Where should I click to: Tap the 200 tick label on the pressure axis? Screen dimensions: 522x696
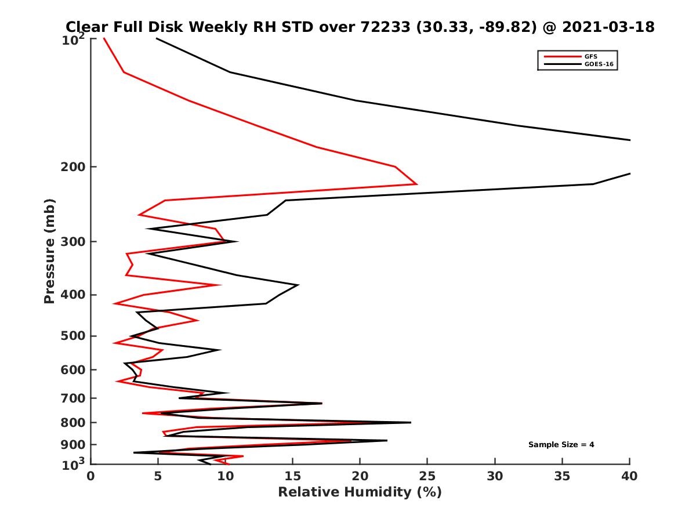pyautogui.click(x=72, y=167)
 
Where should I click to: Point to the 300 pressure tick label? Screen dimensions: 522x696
pyautogui.click(x=72, y=242)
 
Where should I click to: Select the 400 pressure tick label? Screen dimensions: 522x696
pyautogui.click(x=72, y=295)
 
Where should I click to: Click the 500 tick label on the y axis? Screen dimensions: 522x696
pyautogui.click(x=72, y=336)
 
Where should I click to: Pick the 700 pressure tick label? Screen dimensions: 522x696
pyautogui.click(x=72, y=398)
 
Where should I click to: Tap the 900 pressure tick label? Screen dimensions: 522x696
pyautogui.click(x=72, y=445)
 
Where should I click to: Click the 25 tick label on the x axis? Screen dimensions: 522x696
pyautogui.click(x=427, y=476)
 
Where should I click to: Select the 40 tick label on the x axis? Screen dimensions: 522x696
pyautogui.click(x=629, y=476)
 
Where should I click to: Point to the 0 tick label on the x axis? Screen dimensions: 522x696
pyautogui.click(x=91, y=476)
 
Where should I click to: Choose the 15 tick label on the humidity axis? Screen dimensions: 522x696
pyautogui.click(x=293, y=476)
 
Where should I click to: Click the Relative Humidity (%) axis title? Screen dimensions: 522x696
pyautogui.click(x=360, y=492)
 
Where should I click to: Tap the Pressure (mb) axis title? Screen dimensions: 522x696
pyautogui.click(x=49, y=251)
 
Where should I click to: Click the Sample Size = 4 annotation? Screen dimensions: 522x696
pyautogui.click(x=561, y=445)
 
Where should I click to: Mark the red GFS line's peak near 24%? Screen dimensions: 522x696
pyautogui.click(x=416, y=184)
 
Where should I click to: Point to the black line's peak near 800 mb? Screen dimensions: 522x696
pyautogui.click(x=411, y=422)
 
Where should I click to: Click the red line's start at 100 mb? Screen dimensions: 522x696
pyautogui.click(x=104, y=38)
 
